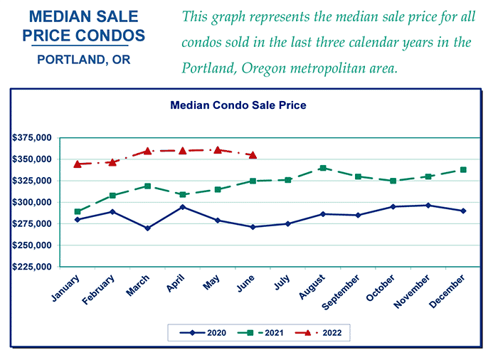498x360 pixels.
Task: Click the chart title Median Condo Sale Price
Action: coord(238,105)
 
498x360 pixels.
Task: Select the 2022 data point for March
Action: coord(148,151)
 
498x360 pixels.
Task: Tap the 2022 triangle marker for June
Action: coord(253,154)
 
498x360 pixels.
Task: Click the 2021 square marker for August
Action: coord(323,168)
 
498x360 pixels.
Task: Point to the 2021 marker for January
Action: coord(77,211)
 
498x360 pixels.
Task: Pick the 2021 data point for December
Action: coord(463,169)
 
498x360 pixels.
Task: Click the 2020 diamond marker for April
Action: coord(183,207)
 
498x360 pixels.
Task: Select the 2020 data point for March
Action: coord(148,228)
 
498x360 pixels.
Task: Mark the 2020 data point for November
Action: coord(428,206)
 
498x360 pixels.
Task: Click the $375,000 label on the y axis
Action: coord(32,137)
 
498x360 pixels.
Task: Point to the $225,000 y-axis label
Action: coord(32,267)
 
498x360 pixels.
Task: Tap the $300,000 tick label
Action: coord(32,202)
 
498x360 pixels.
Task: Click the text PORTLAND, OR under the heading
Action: coord(83,60)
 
